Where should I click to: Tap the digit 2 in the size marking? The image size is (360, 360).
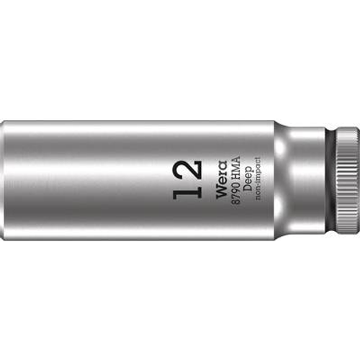pos(187,170)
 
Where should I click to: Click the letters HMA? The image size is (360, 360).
pos(235,167)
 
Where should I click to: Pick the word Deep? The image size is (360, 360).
pos(248,179)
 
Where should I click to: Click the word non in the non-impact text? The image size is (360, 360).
pos(258,195)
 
